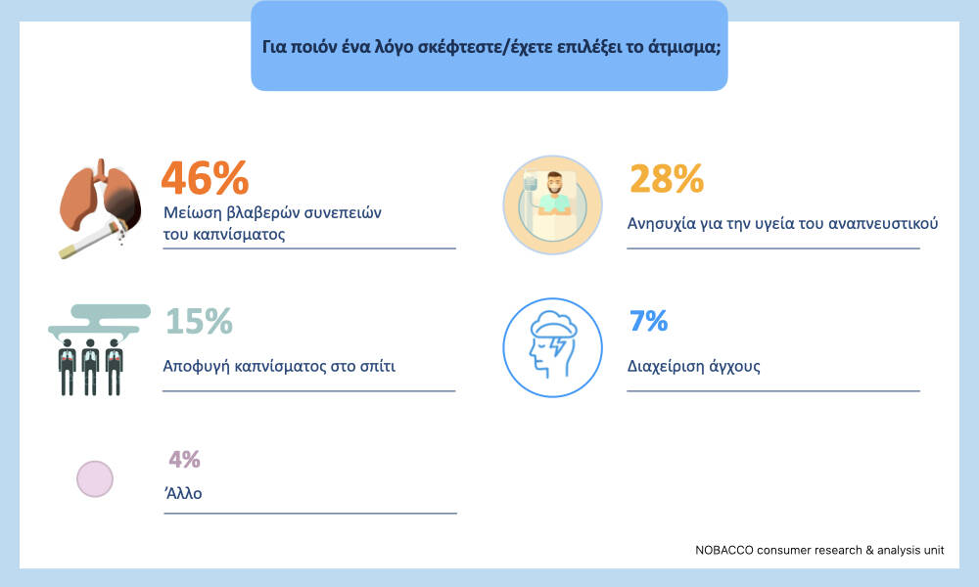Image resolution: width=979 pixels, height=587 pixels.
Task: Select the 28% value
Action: point(666,179)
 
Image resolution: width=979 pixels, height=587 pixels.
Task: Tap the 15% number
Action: point(198,321)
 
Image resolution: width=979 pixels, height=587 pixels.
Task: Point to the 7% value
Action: point(647,321)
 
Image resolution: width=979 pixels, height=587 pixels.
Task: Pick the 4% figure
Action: point(184,459)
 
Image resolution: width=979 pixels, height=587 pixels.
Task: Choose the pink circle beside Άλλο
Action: point(95,478)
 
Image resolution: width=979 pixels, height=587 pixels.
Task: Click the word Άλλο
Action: point(183,493)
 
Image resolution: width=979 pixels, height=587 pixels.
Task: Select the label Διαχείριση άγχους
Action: point(693,368)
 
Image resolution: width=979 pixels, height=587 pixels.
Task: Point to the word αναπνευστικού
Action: point(880,223)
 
